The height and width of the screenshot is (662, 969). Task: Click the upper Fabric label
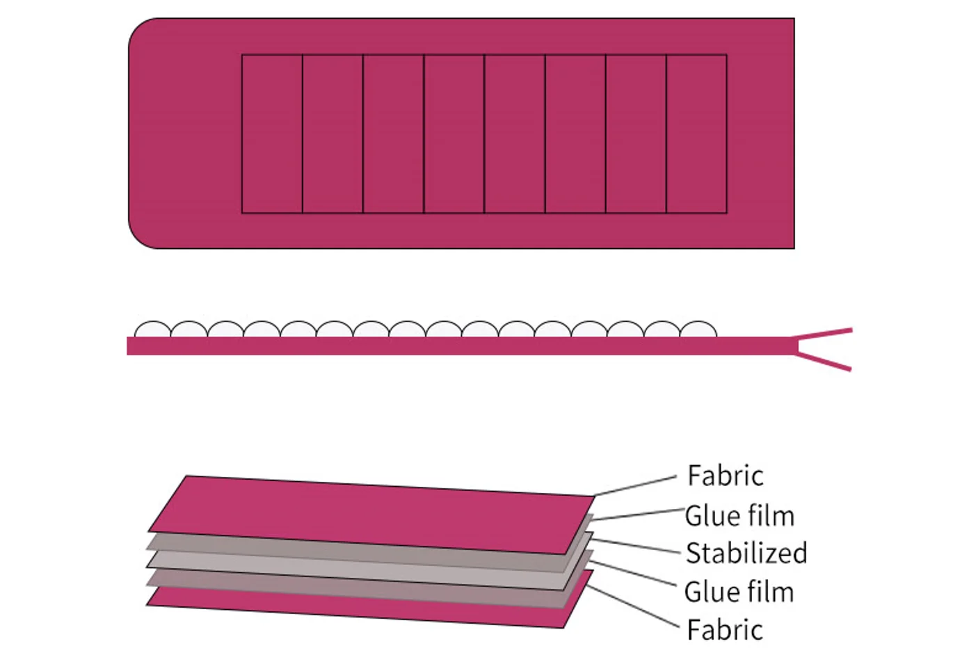(x=725, y=476)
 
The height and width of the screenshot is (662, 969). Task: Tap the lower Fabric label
(x=725, y=630)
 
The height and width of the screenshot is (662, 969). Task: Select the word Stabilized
(x=746, y=554)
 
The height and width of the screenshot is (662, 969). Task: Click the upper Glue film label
(x=739, y=516)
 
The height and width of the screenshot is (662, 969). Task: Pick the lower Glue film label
(x=739, y=592)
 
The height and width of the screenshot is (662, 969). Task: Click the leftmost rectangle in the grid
(x=272, y=134)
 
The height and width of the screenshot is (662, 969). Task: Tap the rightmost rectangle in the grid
(x=696, y=134)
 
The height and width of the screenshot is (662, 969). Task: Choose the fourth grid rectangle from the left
(x=454, y=134)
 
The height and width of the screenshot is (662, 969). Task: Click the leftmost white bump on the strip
(x=152, y=330)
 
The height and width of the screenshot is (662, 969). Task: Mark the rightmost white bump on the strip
(x=698, y=330)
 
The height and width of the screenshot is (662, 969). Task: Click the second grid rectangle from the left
(x=333, y=134)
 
